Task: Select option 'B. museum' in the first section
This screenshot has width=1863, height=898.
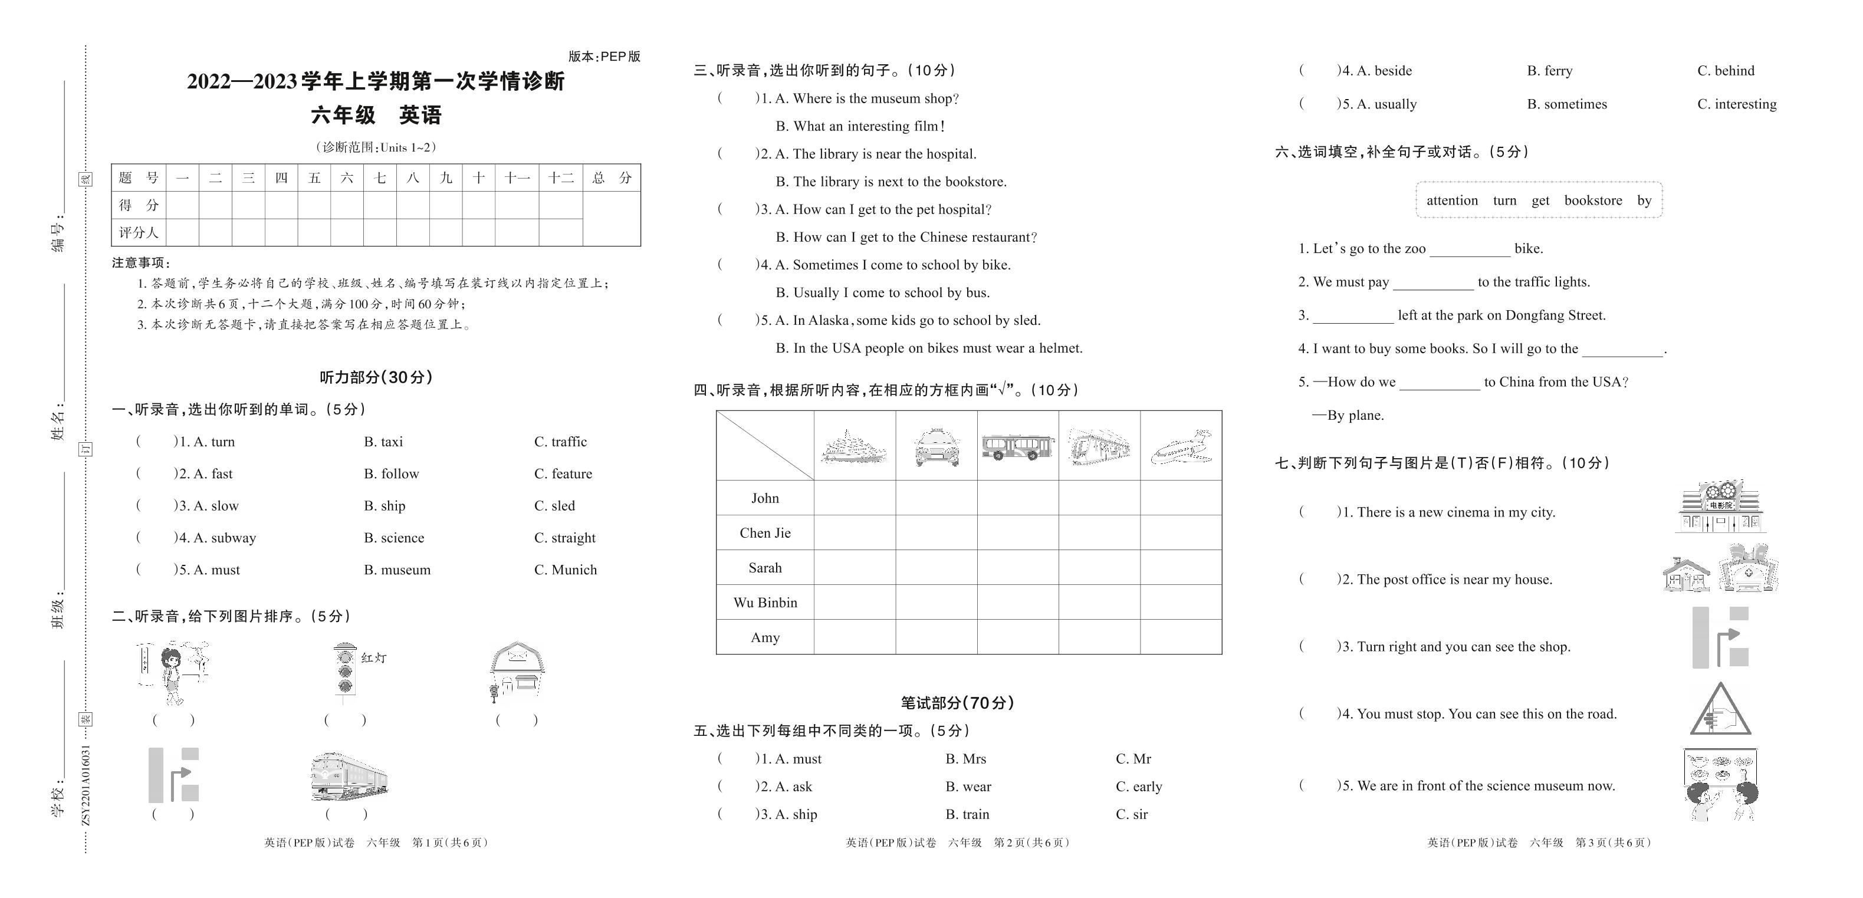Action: [x=397, y=570]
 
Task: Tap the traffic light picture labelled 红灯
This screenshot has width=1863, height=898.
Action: [x=346, y=672]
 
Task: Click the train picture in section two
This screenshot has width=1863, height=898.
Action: [x=349, y=777]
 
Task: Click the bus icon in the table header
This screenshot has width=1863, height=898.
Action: [x=1017, y=447]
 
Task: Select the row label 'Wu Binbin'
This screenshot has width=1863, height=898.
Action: [x=765, y=602]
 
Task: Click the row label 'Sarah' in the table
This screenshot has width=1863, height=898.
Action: [x=765, y=568]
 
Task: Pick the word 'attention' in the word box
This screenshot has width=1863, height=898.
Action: [x=1451, y=200]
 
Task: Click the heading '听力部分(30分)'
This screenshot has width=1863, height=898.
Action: [x=376, y=377]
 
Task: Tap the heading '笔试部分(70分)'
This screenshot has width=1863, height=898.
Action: [x=957, y=703]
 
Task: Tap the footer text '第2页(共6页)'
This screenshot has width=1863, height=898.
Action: [x=1031, y=843]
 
